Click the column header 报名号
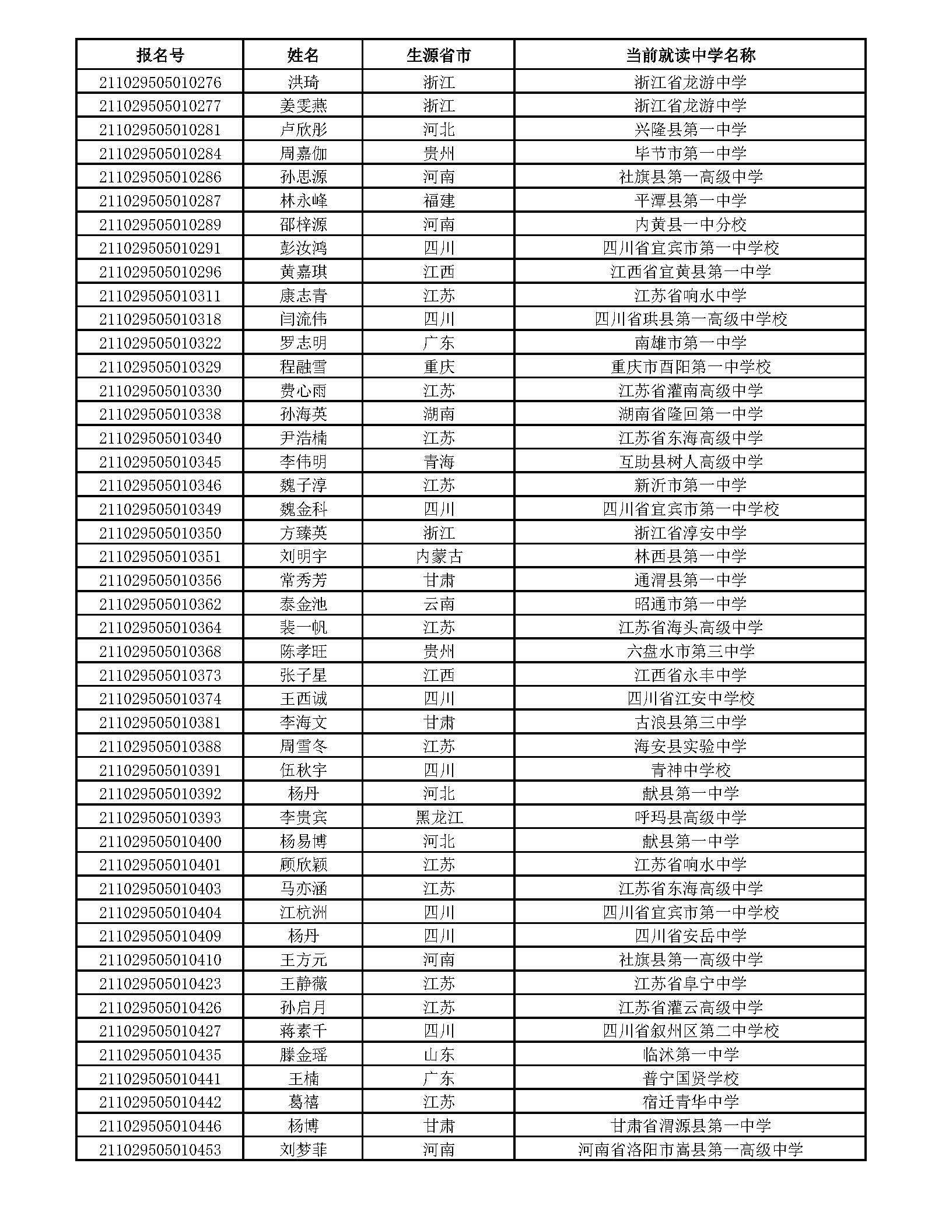coord(160,55)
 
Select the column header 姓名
coord(303,55)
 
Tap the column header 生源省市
coord(438,55)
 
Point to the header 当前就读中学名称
coord(690,55)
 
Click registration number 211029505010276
coord(160,82)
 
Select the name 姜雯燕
coord(303,106)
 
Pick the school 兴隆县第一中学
coord(690,129)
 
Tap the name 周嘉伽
coord(303,153)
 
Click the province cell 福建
coord(438,201)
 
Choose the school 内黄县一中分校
coord(690,224)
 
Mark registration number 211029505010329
coord(160,367)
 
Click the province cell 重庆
coord(438,367)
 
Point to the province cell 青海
coord(438,462)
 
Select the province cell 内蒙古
coord(438,557)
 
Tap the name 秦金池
coord(303,604)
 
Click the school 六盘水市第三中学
coord(690,651)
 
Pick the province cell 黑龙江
coord(438,817)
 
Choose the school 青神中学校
coord(690,770)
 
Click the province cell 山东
coord(438,1055)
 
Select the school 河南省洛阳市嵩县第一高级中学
coord(690,1150)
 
